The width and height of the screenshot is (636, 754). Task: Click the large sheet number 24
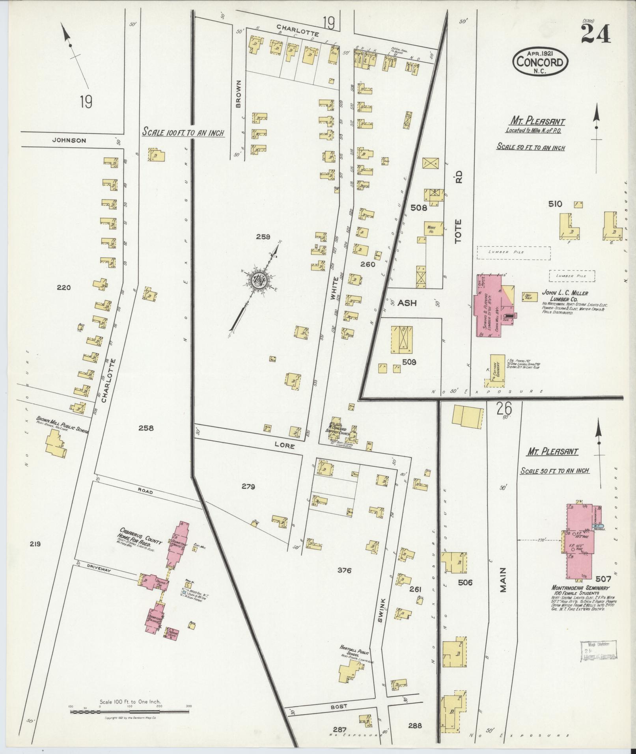click(595, 34)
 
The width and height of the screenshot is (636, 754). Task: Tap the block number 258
click(146, 428)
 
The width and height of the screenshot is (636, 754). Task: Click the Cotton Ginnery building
click(497, 369)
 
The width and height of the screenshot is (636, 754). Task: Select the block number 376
click(344, 570)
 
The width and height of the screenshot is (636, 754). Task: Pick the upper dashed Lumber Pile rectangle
click(514, 253)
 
